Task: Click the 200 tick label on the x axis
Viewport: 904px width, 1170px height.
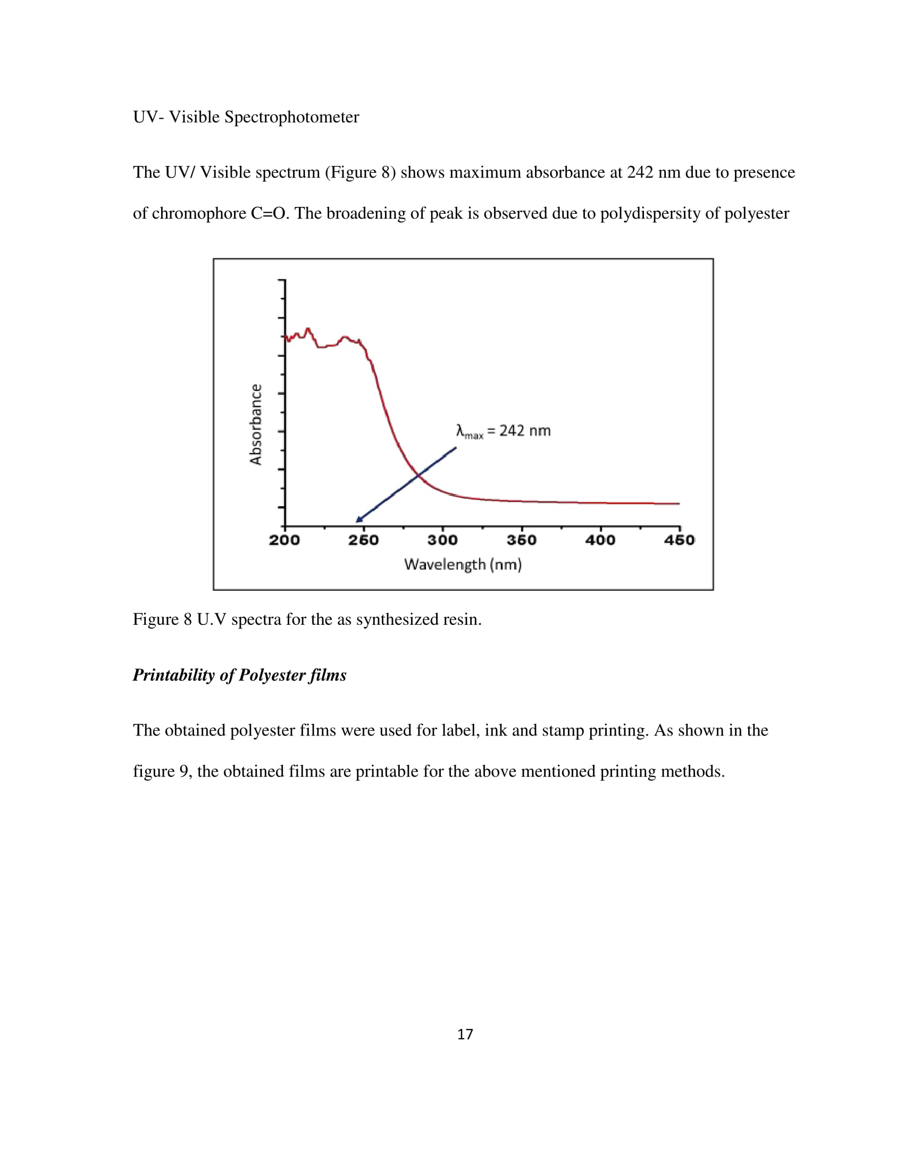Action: coord(284,540)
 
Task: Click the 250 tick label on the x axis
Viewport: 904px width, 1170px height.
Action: coord(363,540)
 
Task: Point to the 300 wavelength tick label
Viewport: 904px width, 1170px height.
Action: coord(442,540)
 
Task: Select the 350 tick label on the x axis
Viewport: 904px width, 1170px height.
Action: coord(522,540)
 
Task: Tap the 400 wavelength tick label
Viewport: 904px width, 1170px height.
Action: coord(600,540)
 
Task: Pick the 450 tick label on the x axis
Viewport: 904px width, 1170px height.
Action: coord(679,540)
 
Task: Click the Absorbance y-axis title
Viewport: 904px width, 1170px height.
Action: coord(256,424)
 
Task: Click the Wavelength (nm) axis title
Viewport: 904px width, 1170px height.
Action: coord(463,564)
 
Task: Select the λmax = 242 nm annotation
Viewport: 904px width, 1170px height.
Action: coord(504,431)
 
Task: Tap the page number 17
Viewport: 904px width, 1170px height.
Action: coord(465,1034)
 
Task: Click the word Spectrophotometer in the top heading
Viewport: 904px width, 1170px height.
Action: coord(291,117)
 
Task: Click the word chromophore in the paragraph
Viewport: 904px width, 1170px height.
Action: coord(199,213)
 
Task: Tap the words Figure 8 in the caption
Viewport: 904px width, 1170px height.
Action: coord(162,619)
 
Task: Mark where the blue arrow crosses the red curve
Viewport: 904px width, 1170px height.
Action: coord(419,474)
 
